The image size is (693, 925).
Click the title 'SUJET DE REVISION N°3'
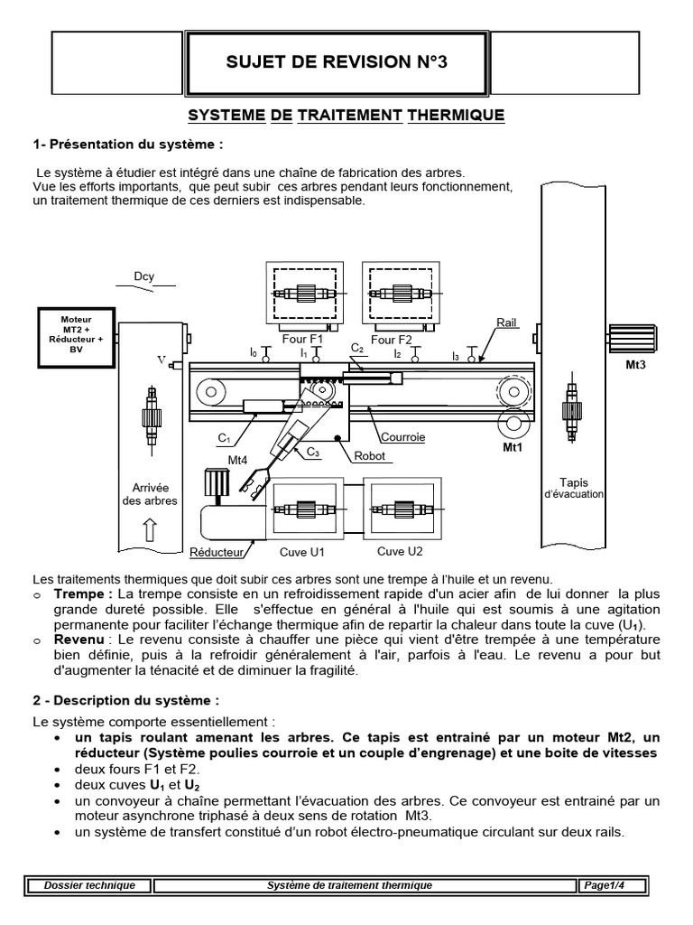click(x=337, y=62)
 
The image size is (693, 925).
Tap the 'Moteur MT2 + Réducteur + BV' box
click(x=76, y=337)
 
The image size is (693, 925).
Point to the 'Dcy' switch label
click(x=143, y=276)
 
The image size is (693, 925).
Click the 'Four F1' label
click(x=302, y=340)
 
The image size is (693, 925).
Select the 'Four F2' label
click(x=392, y=340)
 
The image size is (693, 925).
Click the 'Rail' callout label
click(x=506, y=322)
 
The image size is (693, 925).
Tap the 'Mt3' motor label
click(x=635, y=365)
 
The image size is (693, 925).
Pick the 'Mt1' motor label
click(x=513, y=447)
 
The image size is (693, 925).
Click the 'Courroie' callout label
click(x=403, y=437)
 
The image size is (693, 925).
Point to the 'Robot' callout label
click(x=369, y=456)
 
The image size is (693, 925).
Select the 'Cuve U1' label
click(x=301, y=552)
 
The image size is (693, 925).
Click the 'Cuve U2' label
click(x=400, y=551)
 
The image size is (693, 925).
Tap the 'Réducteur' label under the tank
click(x=217, y=552)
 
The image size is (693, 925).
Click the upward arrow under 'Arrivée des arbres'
click(x=151, y=529)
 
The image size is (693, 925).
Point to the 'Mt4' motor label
click(x=237, y=461)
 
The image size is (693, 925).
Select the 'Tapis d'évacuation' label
click(x=573, y=488)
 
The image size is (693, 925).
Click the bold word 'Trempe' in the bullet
click(x=79, y=594)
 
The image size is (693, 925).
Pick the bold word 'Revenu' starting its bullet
click(x=79, y=640)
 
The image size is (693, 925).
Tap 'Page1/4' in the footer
click(x=604, y=885)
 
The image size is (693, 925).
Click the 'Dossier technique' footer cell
click(x=89, y=885)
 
